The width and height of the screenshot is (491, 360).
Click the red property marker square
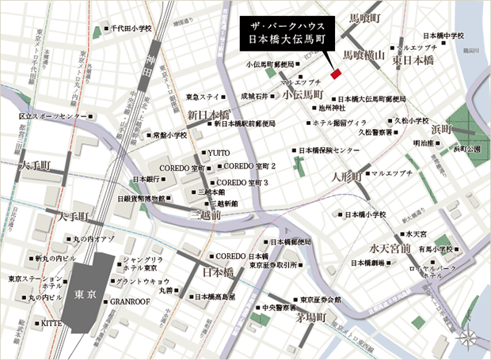[335, 74]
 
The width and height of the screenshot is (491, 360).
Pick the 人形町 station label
[346, 174]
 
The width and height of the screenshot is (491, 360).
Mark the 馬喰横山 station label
[363, 55]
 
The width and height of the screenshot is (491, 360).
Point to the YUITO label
[219, 152]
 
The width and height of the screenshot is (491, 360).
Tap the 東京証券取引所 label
[273, 265]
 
